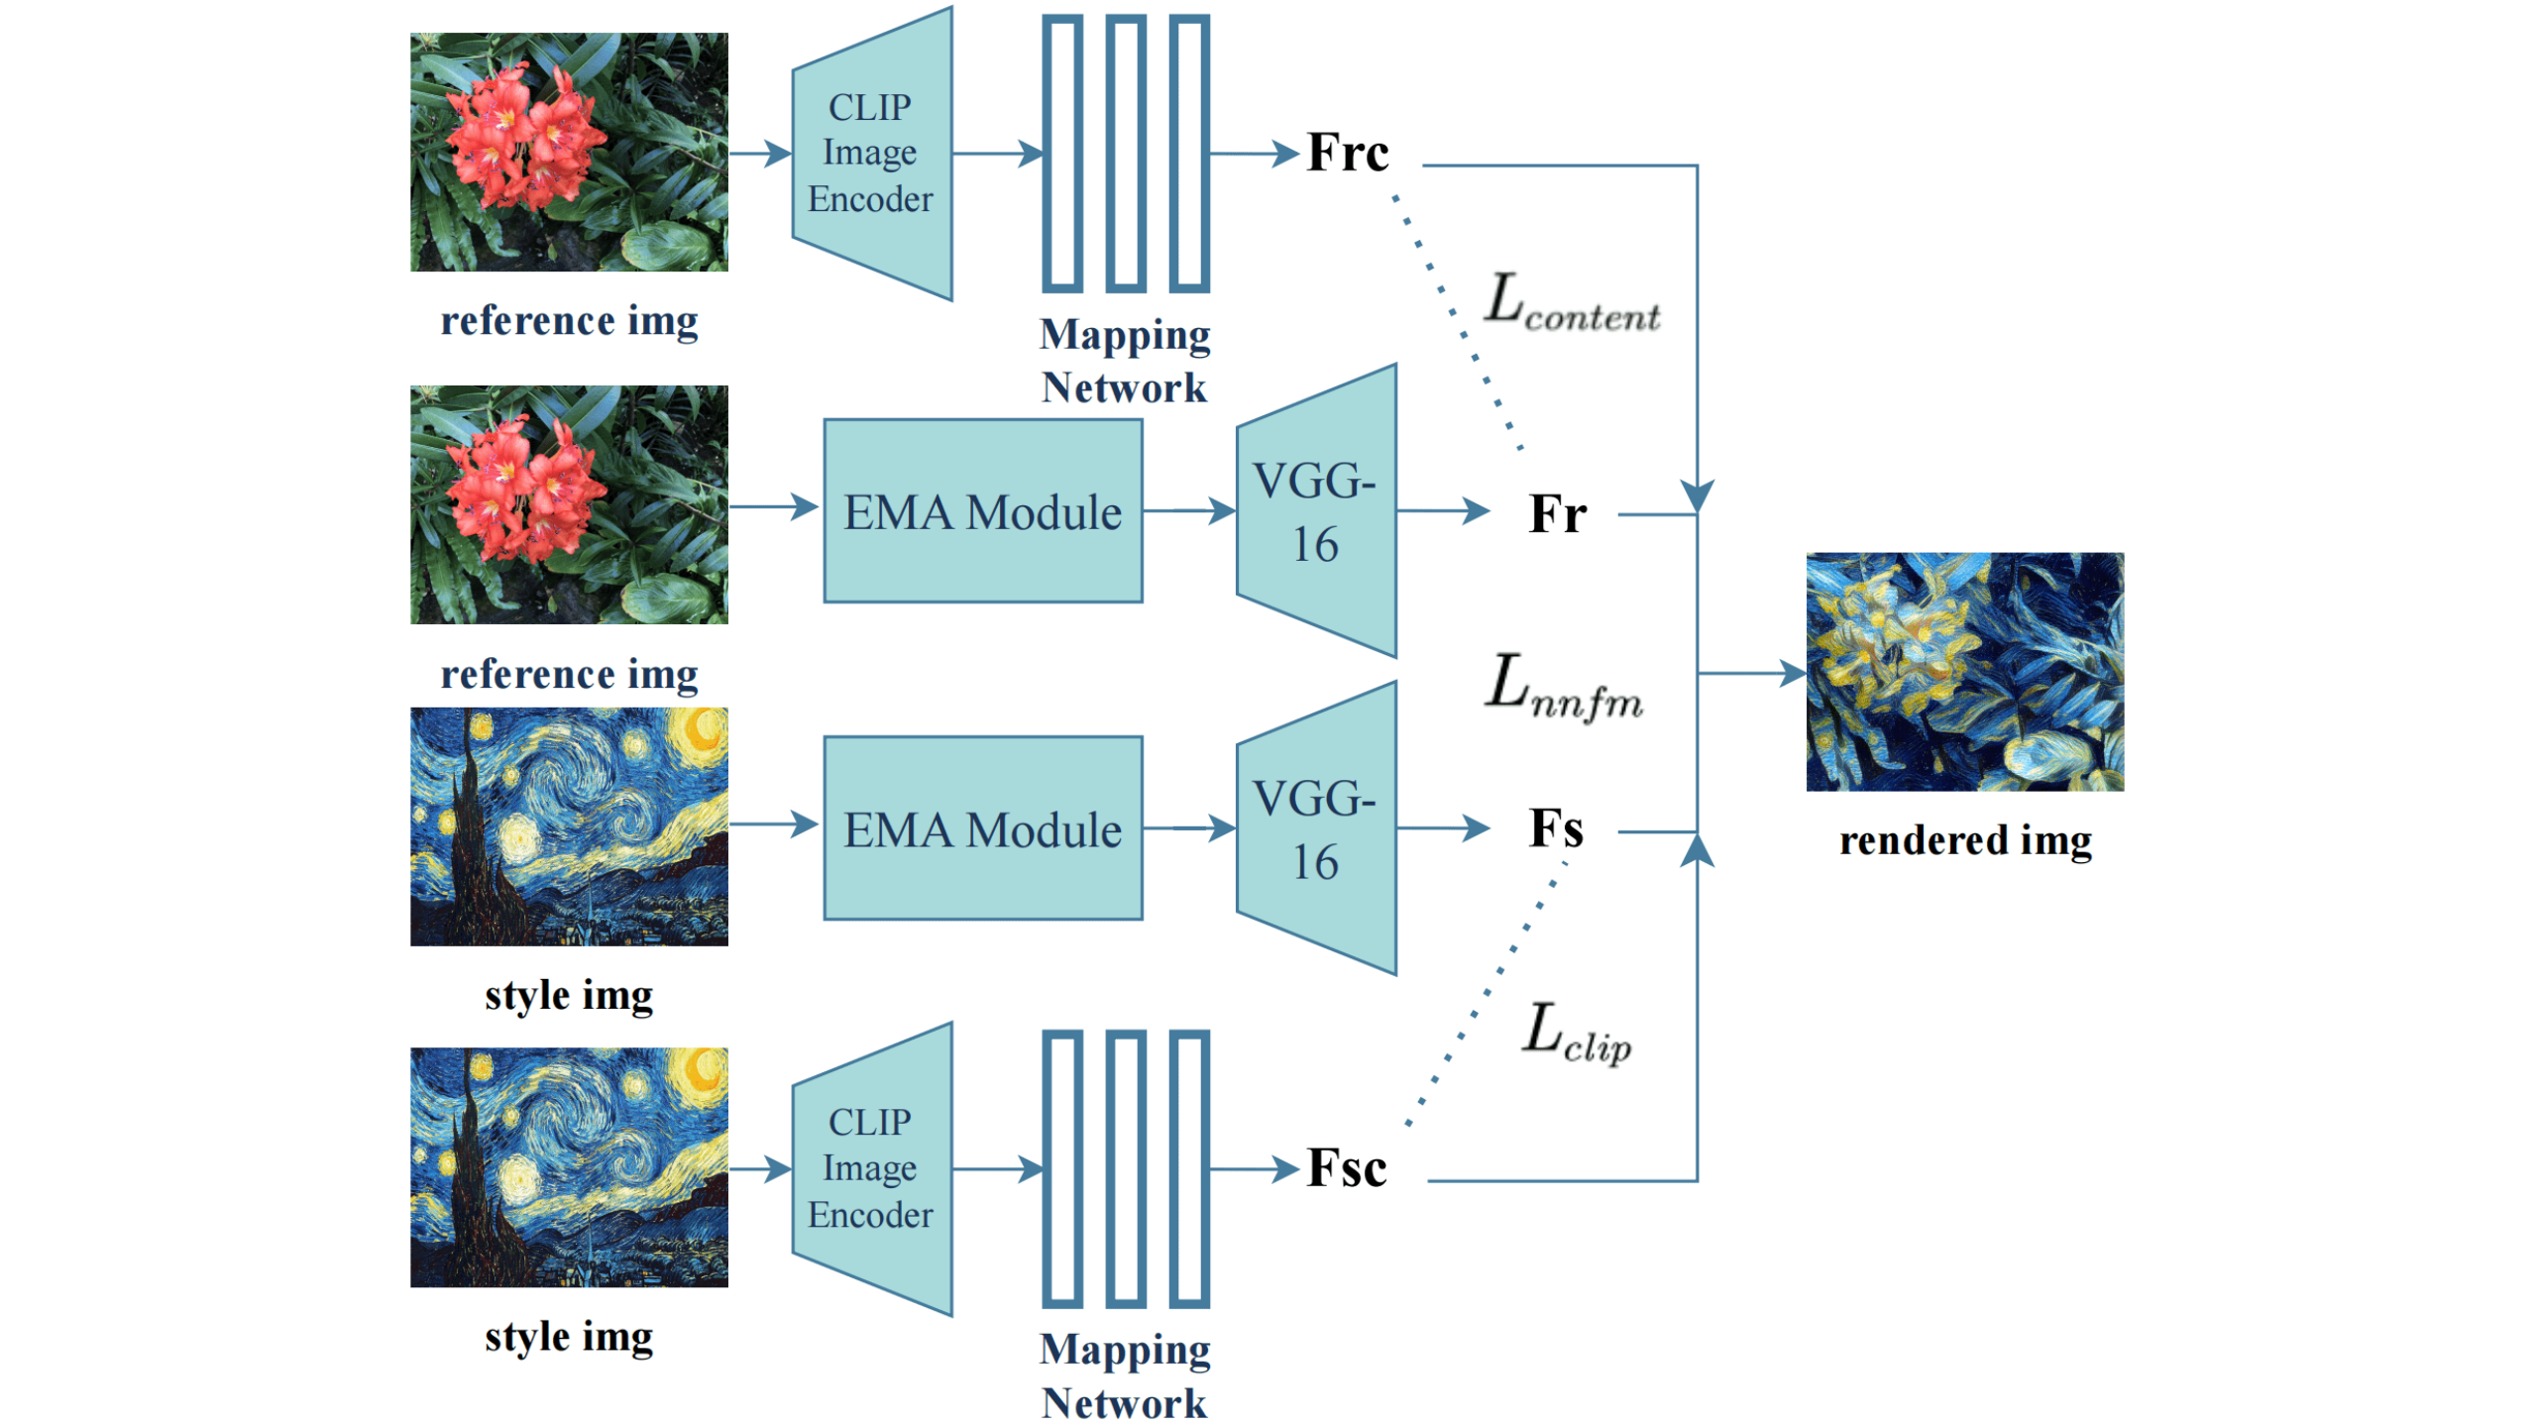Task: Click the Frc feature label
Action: [x=1347, y=154]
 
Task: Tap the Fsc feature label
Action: [x=1346, y=1168]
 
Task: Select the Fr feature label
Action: [x=1556, y=514]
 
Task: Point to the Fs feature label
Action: [x=1555, y=829]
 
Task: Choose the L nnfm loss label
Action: [x=1563, y=686]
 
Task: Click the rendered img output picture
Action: [x=1963, y=672]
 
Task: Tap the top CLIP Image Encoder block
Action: [x=872, y=154]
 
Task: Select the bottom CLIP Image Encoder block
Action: [x=872, y=1168]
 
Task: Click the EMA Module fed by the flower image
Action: [x=982, y=511]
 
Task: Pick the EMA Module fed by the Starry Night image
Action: [x=982, y=828]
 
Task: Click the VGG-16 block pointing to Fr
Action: [x=1316, y=511]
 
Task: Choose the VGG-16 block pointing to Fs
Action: [x=1316, y=828]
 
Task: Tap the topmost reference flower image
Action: [x=569, y=152]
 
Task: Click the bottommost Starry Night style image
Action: [x=569, y=1167]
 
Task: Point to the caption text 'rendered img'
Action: [x=1965, y=841]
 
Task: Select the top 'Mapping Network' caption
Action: [x=1124, y=361]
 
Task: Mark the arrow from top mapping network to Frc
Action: [x=1254, y=154]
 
